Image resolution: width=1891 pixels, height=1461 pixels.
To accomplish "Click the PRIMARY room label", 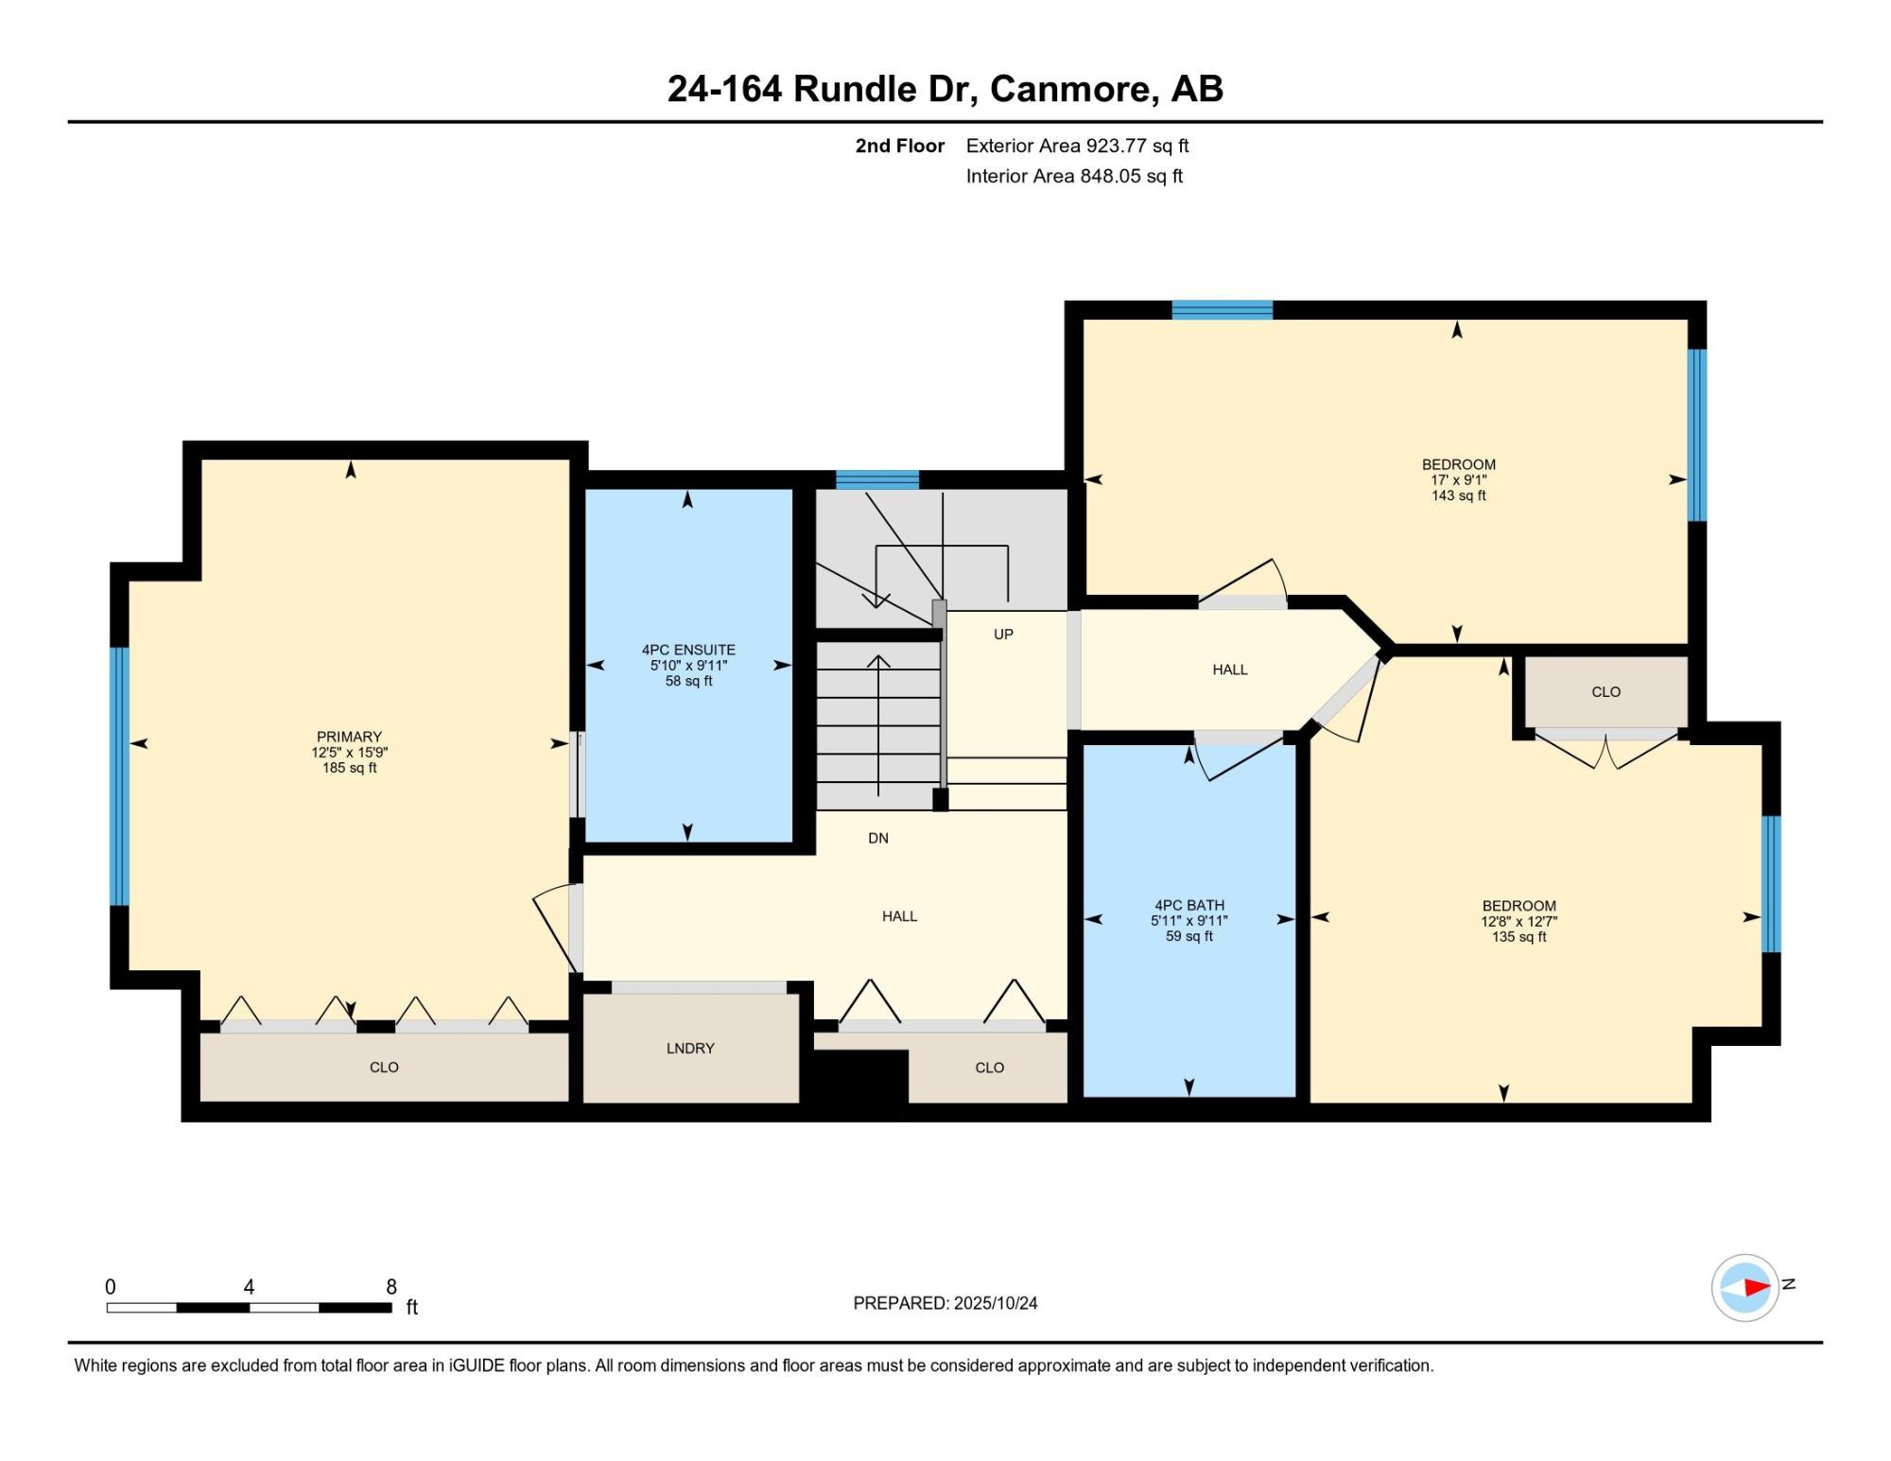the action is [349, 737].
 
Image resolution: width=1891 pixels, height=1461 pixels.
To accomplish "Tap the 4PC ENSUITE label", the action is [688, 650].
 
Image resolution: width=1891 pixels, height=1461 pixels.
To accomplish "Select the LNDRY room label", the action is [690, 1048].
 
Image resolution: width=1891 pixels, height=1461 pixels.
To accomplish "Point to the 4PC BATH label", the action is [1189, 905].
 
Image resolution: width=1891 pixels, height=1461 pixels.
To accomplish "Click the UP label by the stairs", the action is [1003, 635].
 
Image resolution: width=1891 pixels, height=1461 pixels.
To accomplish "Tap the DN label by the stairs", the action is [878, 838].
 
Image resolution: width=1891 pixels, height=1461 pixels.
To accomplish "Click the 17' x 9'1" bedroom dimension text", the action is [1459, 480].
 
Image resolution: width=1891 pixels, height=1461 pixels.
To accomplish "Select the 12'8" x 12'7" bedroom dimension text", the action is [1519, 921].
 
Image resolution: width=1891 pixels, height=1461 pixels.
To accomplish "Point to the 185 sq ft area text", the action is [350, 768].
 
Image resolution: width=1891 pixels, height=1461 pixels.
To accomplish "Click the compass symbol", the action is [1745, 1287].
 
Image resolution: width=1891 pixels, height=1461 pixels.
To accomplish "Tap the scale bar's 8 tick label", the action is [391, 1286].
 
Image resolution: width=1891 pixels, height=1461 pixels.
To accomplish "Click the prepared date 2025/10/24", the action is [996, 1303].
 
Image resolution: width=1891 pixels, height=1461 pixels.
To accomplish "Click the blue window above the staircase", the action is [877, 479].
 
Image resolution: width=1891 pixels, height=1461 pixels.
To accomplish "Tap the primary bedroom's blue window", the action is [119, 776].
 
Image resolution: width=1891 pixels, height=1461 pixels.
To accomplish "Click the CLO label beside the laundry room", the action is [990, 1068].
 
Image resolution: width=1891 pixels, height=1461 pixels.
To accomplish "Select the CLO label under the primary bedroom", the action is [384, 1068].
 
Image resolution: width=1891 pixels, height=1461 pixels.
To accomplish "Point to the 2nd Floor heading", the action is [900, 146].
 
